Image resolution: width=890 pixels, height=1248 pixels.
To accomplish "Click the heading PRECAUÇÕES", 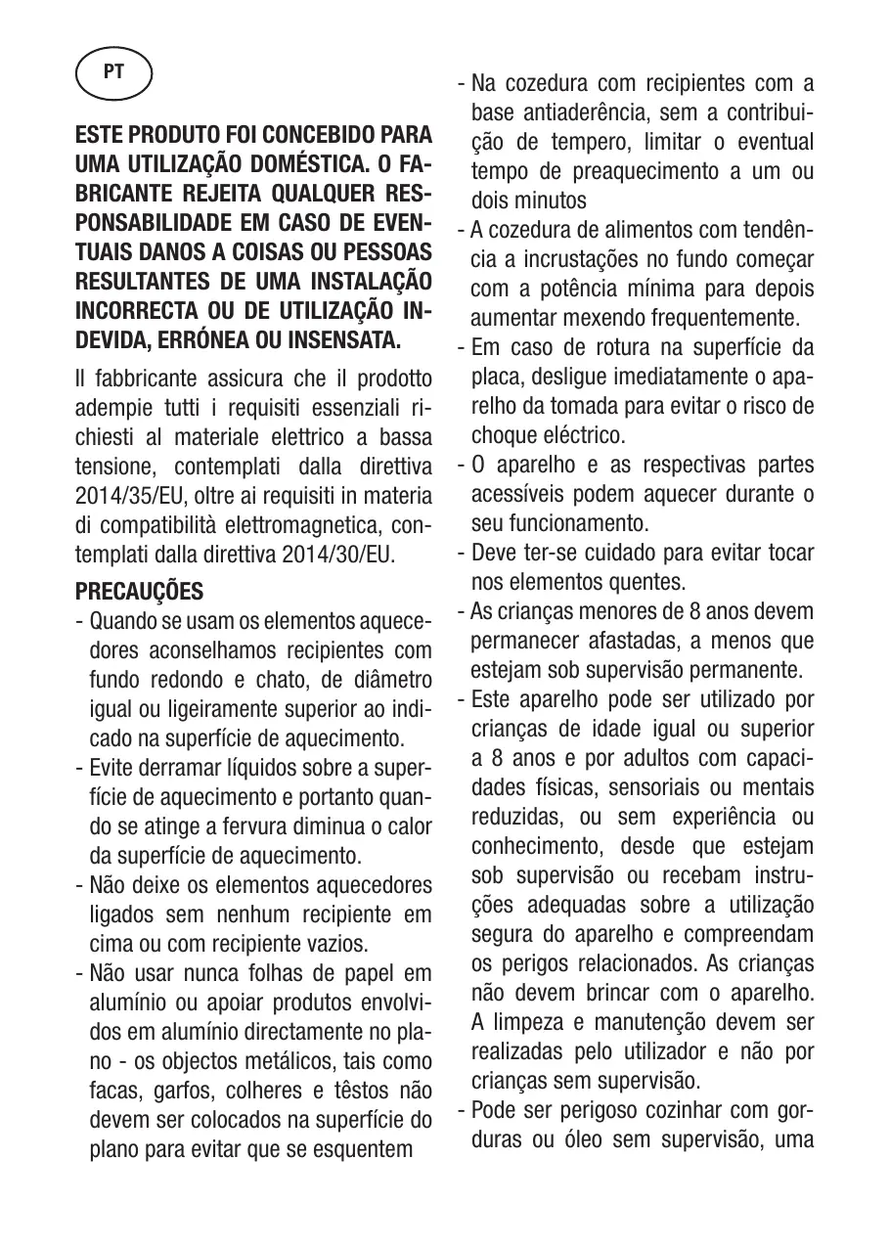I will pos(139,592).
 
